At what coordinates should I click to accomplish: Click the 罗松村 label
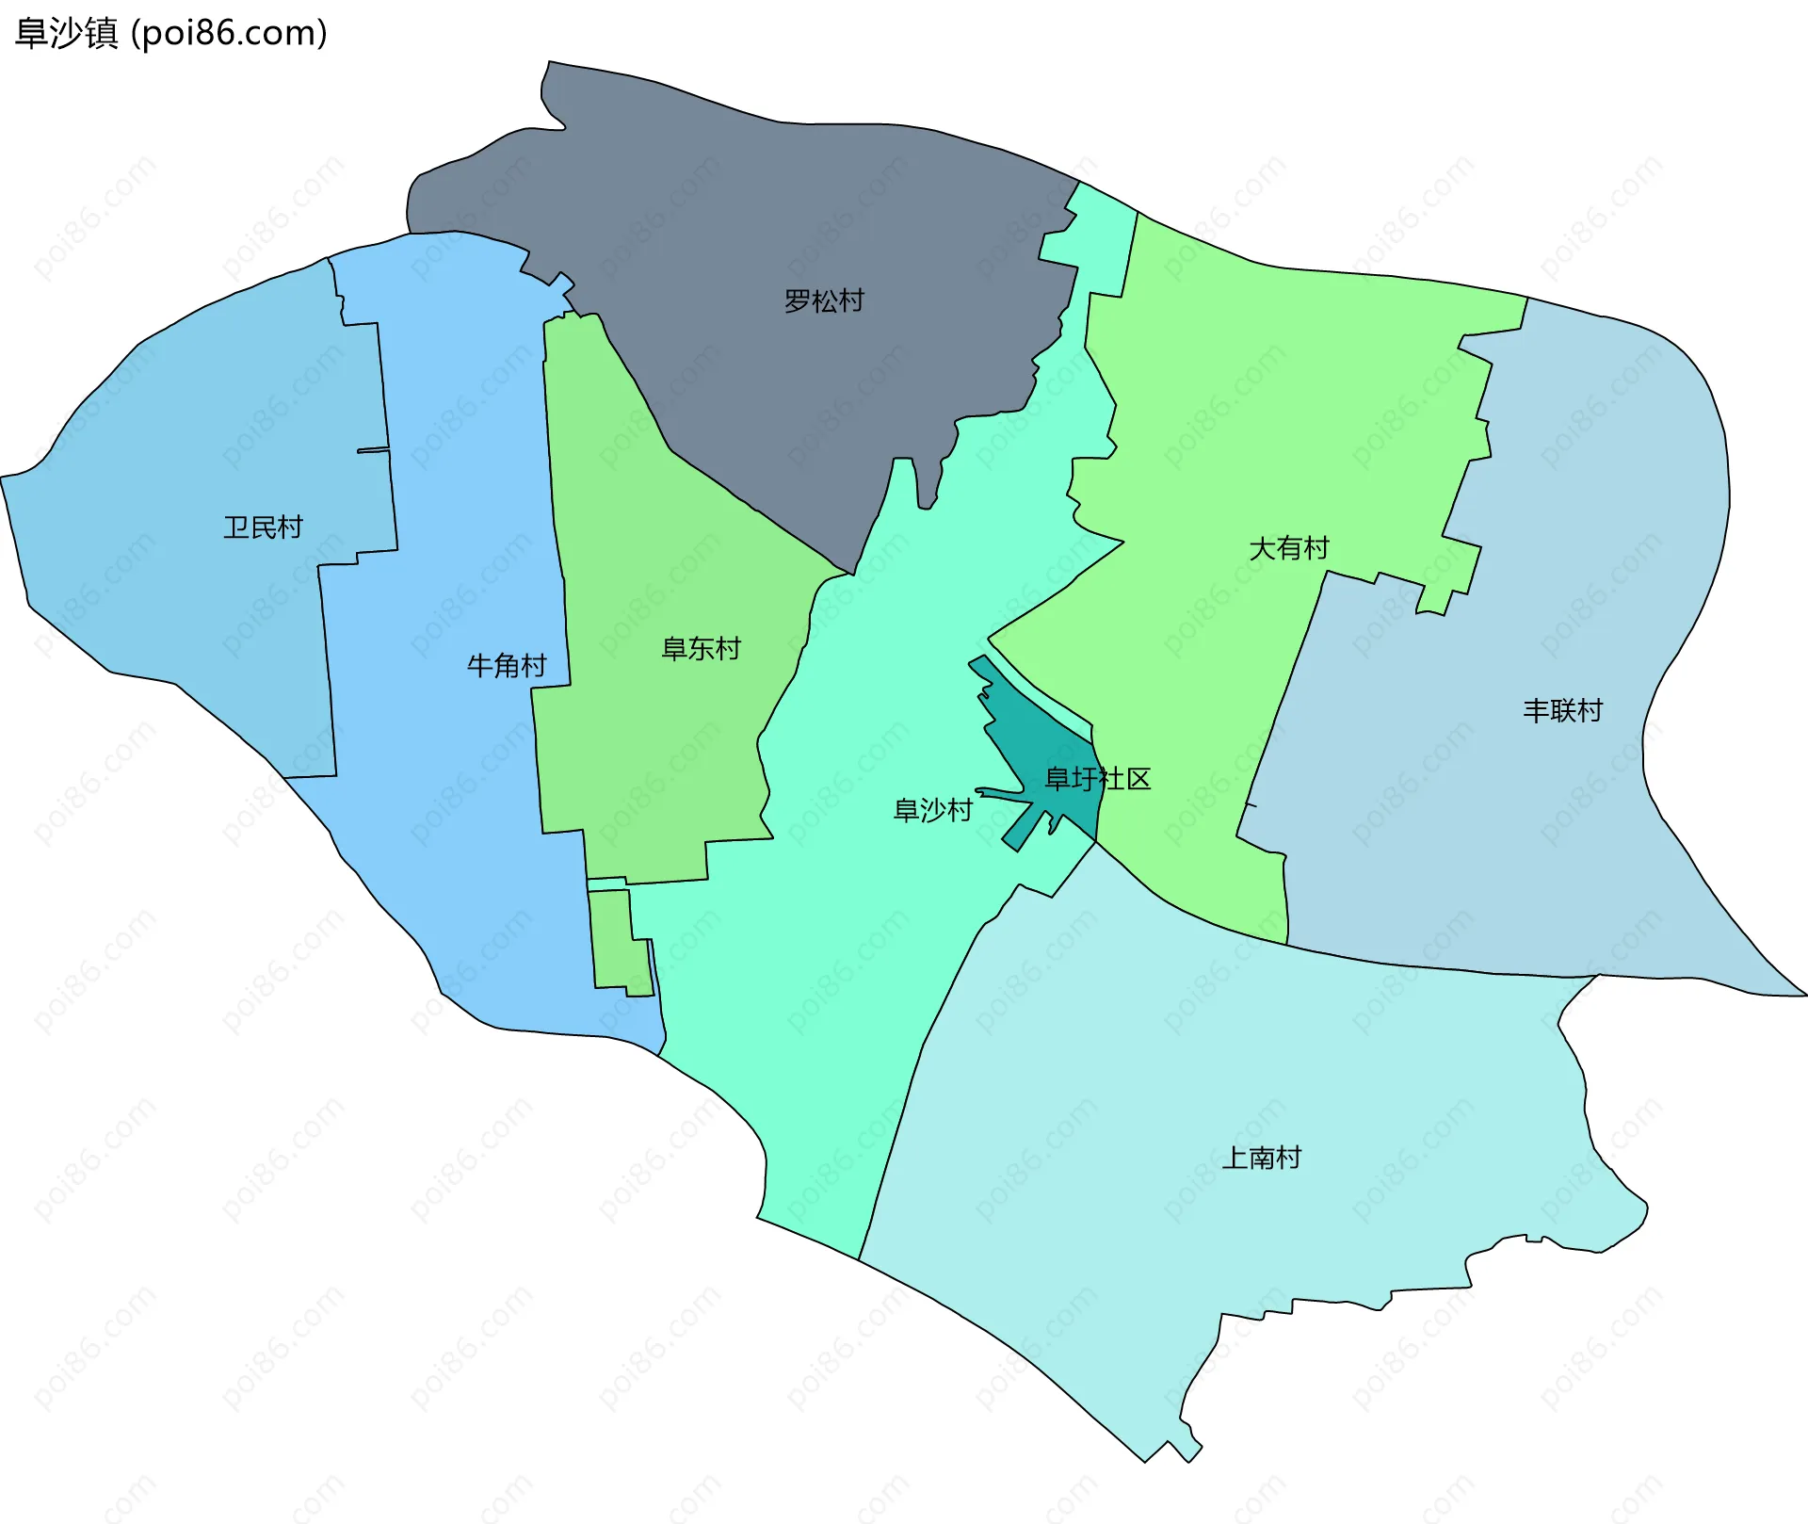824,301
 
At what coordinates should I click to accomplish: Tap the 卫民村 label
263,527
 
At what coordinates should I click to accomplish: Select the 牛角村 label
507,666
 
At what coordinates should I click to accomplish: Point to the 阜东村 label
701,649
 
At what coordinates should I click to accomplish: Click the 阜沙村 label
932,810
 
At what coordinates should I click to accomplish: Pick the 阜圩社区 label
1098,779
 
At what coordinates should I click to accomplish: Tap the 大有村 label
1288,548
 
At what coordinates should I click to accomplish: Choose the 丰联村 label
1562,710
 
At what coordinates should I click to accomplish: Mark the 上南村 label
1261,1158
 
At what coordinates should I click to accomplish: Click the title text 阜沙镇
66,33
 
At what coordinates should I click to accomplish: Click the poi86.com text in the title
229,33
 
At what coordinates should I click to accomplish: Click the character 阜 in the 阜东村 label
674,649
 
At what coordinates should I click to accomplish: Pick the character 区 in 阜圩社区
1138,779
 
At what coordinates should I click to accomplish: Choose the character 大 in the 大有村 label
1262,548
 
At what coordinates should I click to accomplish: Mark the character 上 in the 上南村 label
1235,1158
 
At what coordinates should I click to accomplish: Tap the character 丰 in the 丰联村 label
1536,710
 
